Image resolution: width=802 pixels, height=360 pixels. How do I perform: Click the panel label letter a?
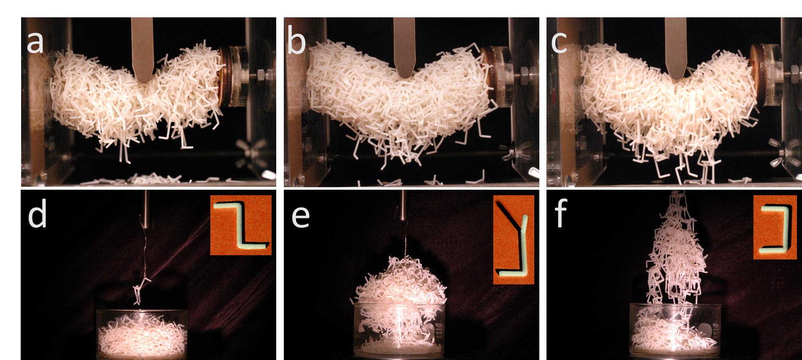pyautogui.click(x=35, y=42)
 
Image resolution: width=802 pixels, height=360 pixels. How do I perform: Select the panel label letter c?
pyautogui.click(x=559, y=43)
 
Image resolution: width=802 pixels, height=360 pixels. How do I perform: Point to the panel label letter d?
pyautogui.click(x=37, y=215)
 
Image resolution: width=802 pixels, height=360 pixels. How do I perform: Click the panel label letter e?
pyautogui.click(x=301, y=216)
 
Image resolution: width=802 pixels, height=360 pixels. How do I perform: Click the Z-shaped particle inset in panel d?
pyautogui.click(x=241, y=225)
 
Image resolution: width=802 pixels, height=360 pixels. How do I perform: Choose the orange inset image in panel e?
pyautogui.click(x=514, y=240)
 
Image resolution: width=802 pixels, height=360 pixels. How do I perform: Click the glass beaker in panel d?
pyautogui.click(x=141, y=334)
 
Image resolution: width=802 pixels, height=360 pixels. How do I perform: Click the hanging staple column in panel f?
pyautogui.click(x=675, y=249)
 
